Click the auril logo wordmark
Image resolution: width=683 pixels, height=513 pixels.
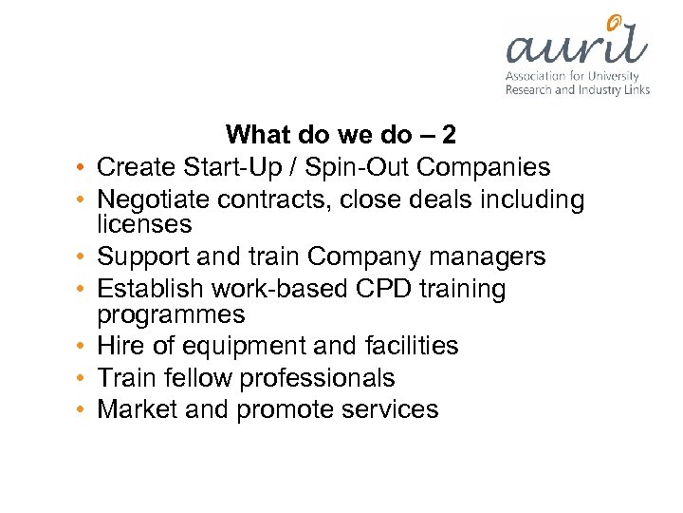click(575, 47)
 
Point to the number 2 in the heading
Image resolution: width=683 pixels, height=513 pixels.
click(450, 135)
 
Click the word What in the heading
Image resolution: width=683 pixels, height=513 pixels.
click(259, 135)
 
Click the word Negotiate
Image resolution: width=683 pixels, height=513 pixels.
click(155, 199)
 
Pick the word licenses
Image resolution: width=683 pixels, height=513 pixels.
click(144, 225)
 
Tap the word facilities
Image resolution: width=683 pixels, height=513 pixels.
click(403, 346)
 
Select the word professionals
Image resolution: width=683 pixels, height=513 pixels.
click(317, 378)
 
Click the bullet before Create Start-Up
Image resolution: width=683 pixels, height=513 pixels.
click(84, 168)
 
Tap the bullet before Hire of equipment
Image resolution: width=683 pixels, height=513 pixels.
click(84, 347)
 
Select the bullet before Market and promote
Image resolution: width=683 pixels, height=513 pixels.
click(84, 410)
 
